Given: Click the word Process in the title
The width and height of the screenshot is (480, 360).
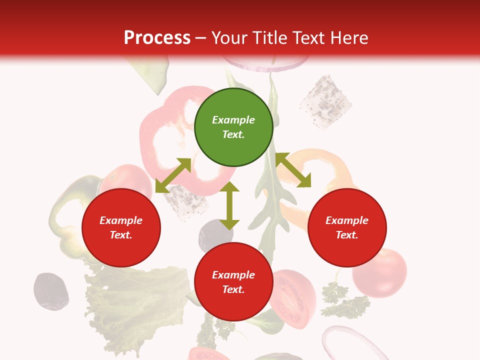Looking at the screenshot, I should (157, 38).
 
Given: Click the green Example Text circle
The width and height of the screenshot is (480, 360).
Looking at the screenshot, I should (233, 127).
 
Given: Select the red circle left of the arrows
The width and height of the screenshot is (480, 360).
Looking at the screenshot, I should (121, 227).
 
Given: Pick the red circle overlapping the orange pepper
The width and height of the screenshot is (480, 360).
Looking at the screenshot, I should (347, 227).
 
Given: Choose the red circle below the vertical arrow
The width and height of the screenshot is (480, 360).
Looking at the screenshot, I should (233, 282).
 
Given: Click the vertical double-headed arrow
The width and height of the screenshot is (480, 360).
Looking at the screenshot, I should (229, 205).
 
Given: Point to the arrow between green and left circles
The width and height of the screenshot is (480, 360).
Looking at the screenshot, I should (173, 175).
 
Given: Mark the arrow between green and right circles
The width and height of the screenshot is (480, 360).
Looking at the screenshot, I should (293, 170).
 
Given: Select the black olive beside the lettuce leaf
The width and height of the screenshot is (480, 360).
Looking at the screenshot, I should (51, 291).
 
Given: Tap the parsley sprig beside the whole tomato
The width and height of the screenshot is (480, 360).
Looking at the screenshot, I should (342, 300).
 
